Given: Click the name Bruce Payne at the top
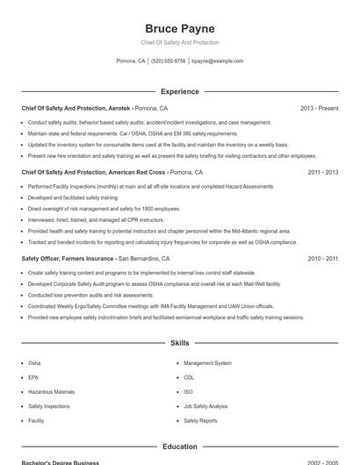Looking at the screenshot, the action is pos(179,28).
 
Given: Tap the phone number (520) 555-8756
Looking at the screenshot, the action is pos(169,61).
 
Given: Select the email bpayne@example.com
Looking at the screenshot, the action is pos(217,61).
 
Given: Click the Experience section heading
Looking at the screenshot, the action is pos(179,91).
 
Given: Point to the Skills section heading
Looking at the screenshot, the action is pos(179,343).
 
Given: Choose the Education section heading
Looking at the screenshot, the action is pos(179,447).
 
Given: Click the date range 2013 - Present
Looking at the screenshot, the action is pos(319,108).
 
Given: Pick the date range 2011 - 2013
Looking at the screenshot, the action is pos(322,173).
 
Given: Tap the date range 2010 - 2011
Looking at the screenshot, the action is pos(322,259).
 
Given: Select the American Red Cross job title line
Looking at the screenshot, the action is pos(112,173).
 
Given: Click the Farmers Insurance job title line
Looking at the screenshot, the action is pos(95,259).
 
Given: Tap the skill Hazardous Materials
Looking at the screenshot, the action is pos(51,391).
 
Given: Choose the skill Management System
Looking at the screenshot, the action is pos(207,362).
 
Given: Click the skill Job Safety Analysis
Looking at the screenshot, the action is pos(205,406).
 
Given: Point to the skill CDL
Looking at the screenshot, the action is pos(189,377).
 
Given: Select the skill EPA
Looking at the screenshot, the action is pos(33,377).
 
